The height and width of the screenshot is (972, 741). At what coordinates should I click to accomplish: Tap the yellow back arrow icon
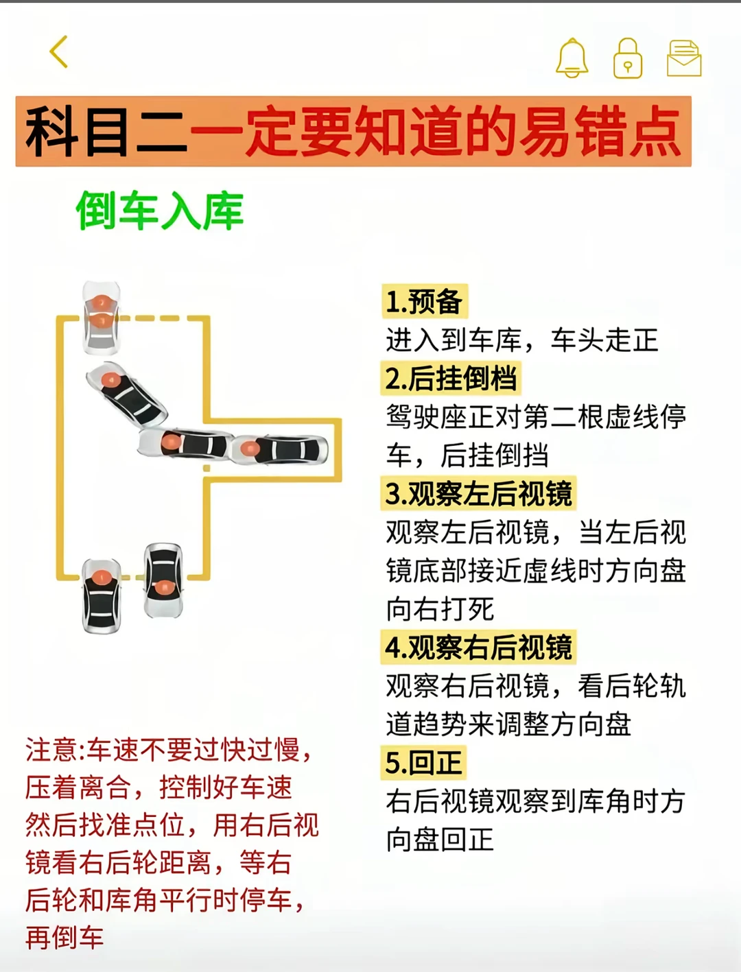(x=58, y=52)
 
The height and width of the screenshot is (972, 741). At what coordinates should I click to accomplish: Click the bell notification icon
(x=572, y=58)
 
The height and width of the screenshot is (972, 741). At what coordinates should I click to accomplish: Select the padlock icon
(x=628, y=58)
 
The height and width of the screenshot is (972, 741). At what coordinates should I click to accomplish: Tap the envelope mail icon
(x=684, y=58)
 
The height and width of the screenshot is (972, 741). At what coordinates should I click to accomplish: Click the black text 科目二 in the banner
(x=106, y=132)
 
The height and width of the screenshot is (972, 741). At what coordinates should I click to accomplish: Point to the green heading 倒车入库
(x=160, y=211)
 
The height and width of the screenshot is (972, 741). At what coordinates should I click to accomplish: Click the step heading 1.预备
(x=424, y=301)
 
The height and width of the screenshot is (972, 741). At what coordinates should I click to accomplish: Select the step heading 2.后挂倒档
(x=451, y=378)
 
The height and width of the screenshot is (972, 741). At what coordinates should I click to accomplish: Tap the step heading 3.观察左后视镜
(x=478, y=493)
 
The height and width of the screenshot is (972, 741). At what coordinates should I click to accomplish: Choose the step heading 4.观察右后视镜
(x=478, y=647)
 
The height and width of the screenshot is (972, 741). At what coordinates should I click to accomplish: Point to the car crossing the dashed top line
(x=102, y=318)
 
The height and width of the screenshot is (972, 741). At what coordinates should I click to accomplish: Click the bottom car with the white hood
(x=163, y=580)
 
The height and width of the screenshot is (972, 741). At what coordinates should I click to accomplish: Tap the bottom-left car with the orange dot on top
(x=102, y=596)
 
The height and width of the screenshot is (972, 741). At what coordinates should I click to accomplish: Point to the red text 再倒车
(x=64, y=938)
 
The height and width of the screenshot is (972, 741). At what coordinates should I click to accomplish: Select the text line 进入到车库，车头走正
(x=521, y=340)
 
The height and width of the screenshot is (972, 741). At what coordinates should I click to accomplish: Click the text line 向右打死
(x=440, y=609)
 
